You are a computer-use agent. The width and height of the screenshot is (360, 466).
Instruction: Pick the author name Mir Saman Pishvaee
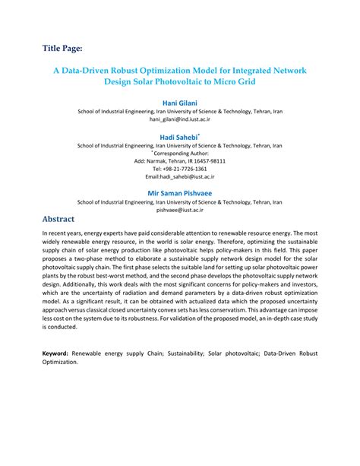pos(179,192)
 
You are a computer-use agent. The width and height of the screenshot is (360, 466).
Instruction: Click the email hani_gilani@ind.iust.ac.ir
pos(179,119)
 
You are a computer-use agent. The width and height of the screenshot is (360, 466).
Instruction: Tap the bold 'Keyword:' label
pos(57,354)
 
